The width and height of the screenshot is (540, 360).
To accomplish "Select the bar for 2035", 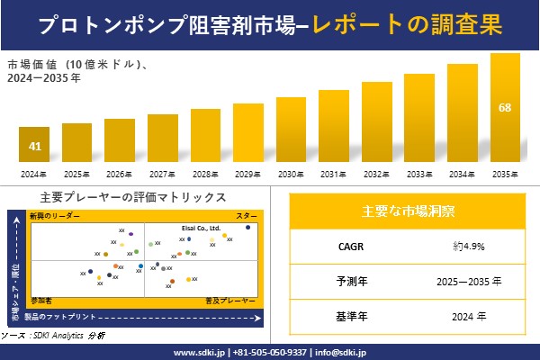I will (x=505, y=108).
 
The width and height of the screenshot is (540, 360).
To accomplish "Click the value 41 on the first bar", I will (x=34, y=146).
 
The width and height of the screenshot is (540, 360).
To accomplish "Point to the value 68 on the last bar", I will (x=505, y=108).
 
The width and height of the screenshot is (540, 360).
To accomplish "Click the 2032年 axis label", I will (x=376, y=174).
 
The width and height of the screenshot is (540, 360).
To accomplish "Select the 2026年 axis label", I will (x=120, y=174).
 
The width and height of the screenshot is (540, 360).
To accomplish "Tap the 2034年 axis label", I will (x=462, y=174).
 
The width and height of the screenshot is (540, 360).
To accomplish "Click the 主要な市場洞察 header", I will (x=408, y=211).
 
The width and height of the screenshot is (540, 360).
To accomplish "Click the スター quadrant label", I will (x=247, y=217).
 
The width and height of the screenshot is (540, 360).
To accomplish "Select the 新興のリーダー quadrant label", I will (x=55, y=217).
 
